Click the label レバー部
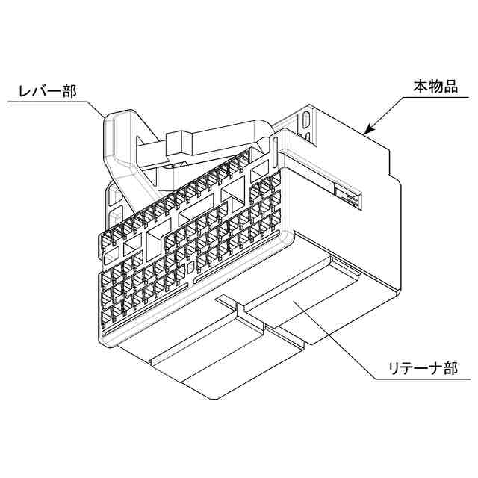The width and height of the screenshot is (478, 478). click(x=49, y=91)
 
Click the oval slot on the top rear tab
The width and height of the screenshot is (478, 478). click(x=308, y=121)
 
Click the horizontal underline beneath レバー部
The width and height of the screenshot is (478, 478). click(x=45, y=102)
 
